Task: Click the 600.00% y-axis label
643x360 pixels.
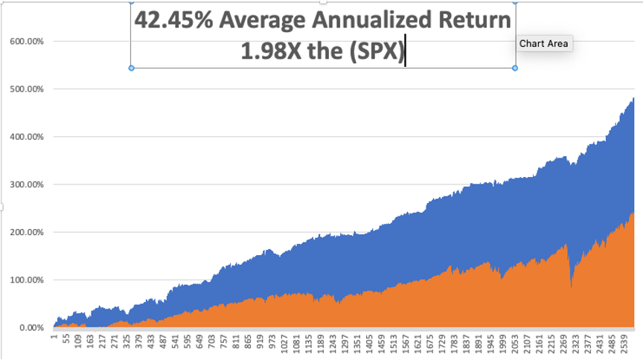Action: click(27, 42)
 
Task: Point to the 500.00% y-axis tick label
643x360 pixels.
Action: click(27, 89)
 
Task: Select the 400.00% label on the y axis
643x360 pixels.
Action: click(27, 137)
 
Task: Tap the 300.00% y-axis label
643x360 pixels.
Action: click(27, 184)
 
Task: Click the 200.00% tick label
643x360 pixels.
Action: click(27, 232)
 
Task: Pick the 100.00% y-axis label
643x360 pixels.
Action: click(27, 280)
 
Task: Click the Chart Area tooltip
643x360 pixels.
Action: click(543, 43)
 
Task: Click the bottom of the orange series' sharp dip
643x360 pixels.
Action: click(572, 287)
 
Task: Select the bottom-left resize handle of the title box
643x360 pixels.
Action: click(132, 68)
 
